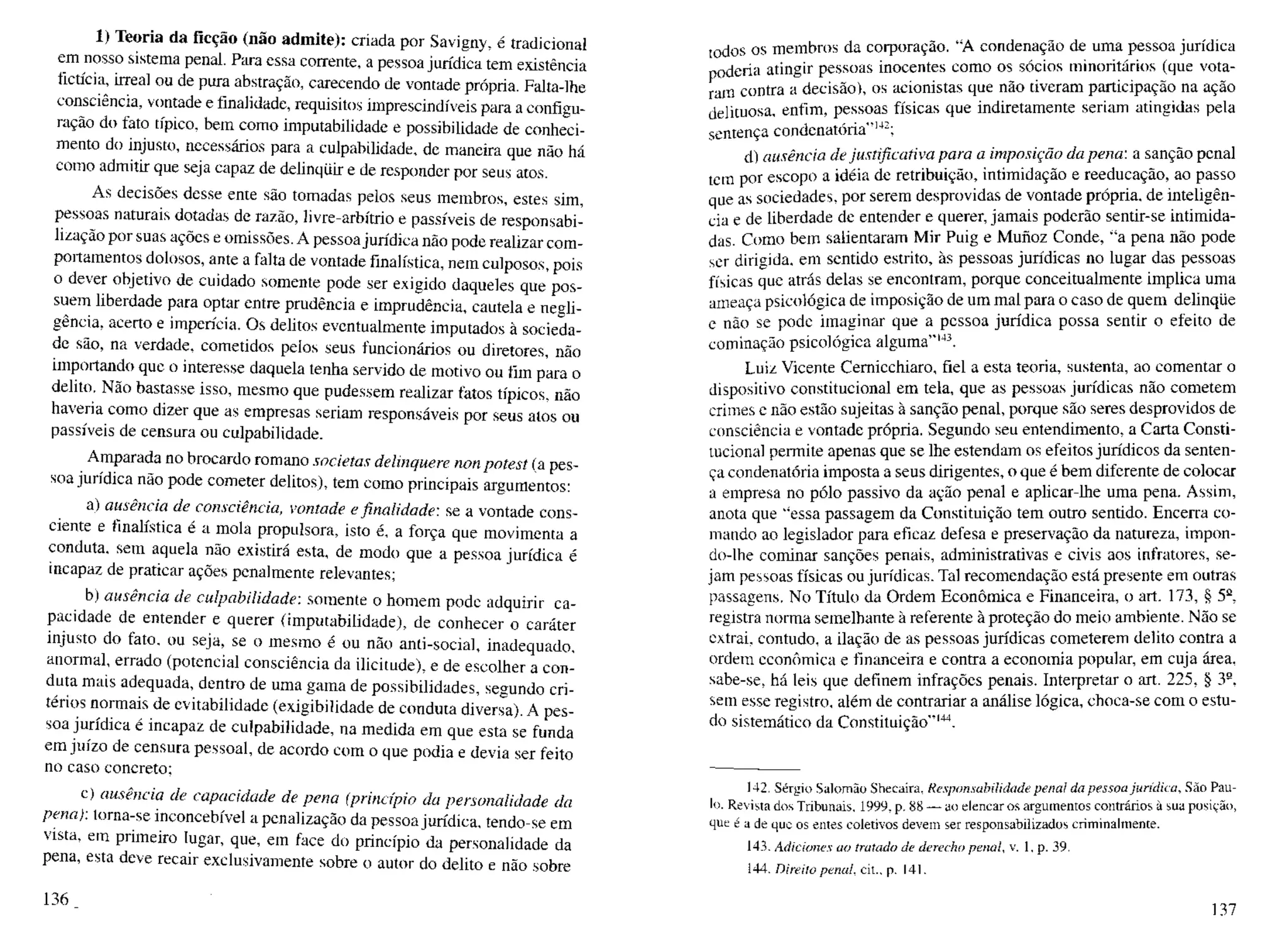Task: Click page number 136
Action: coord(55,899)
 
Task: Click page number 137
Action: coord(1223,909)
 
